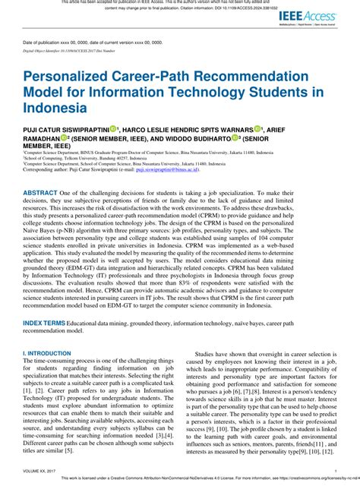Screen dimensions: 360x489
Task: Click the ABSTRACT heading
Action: [39, 194]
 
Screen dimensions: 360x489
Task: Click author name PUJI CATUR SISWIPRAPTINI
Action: [65, 130]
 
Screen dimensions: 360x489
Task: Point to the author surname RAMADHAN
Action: [43, 138]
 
